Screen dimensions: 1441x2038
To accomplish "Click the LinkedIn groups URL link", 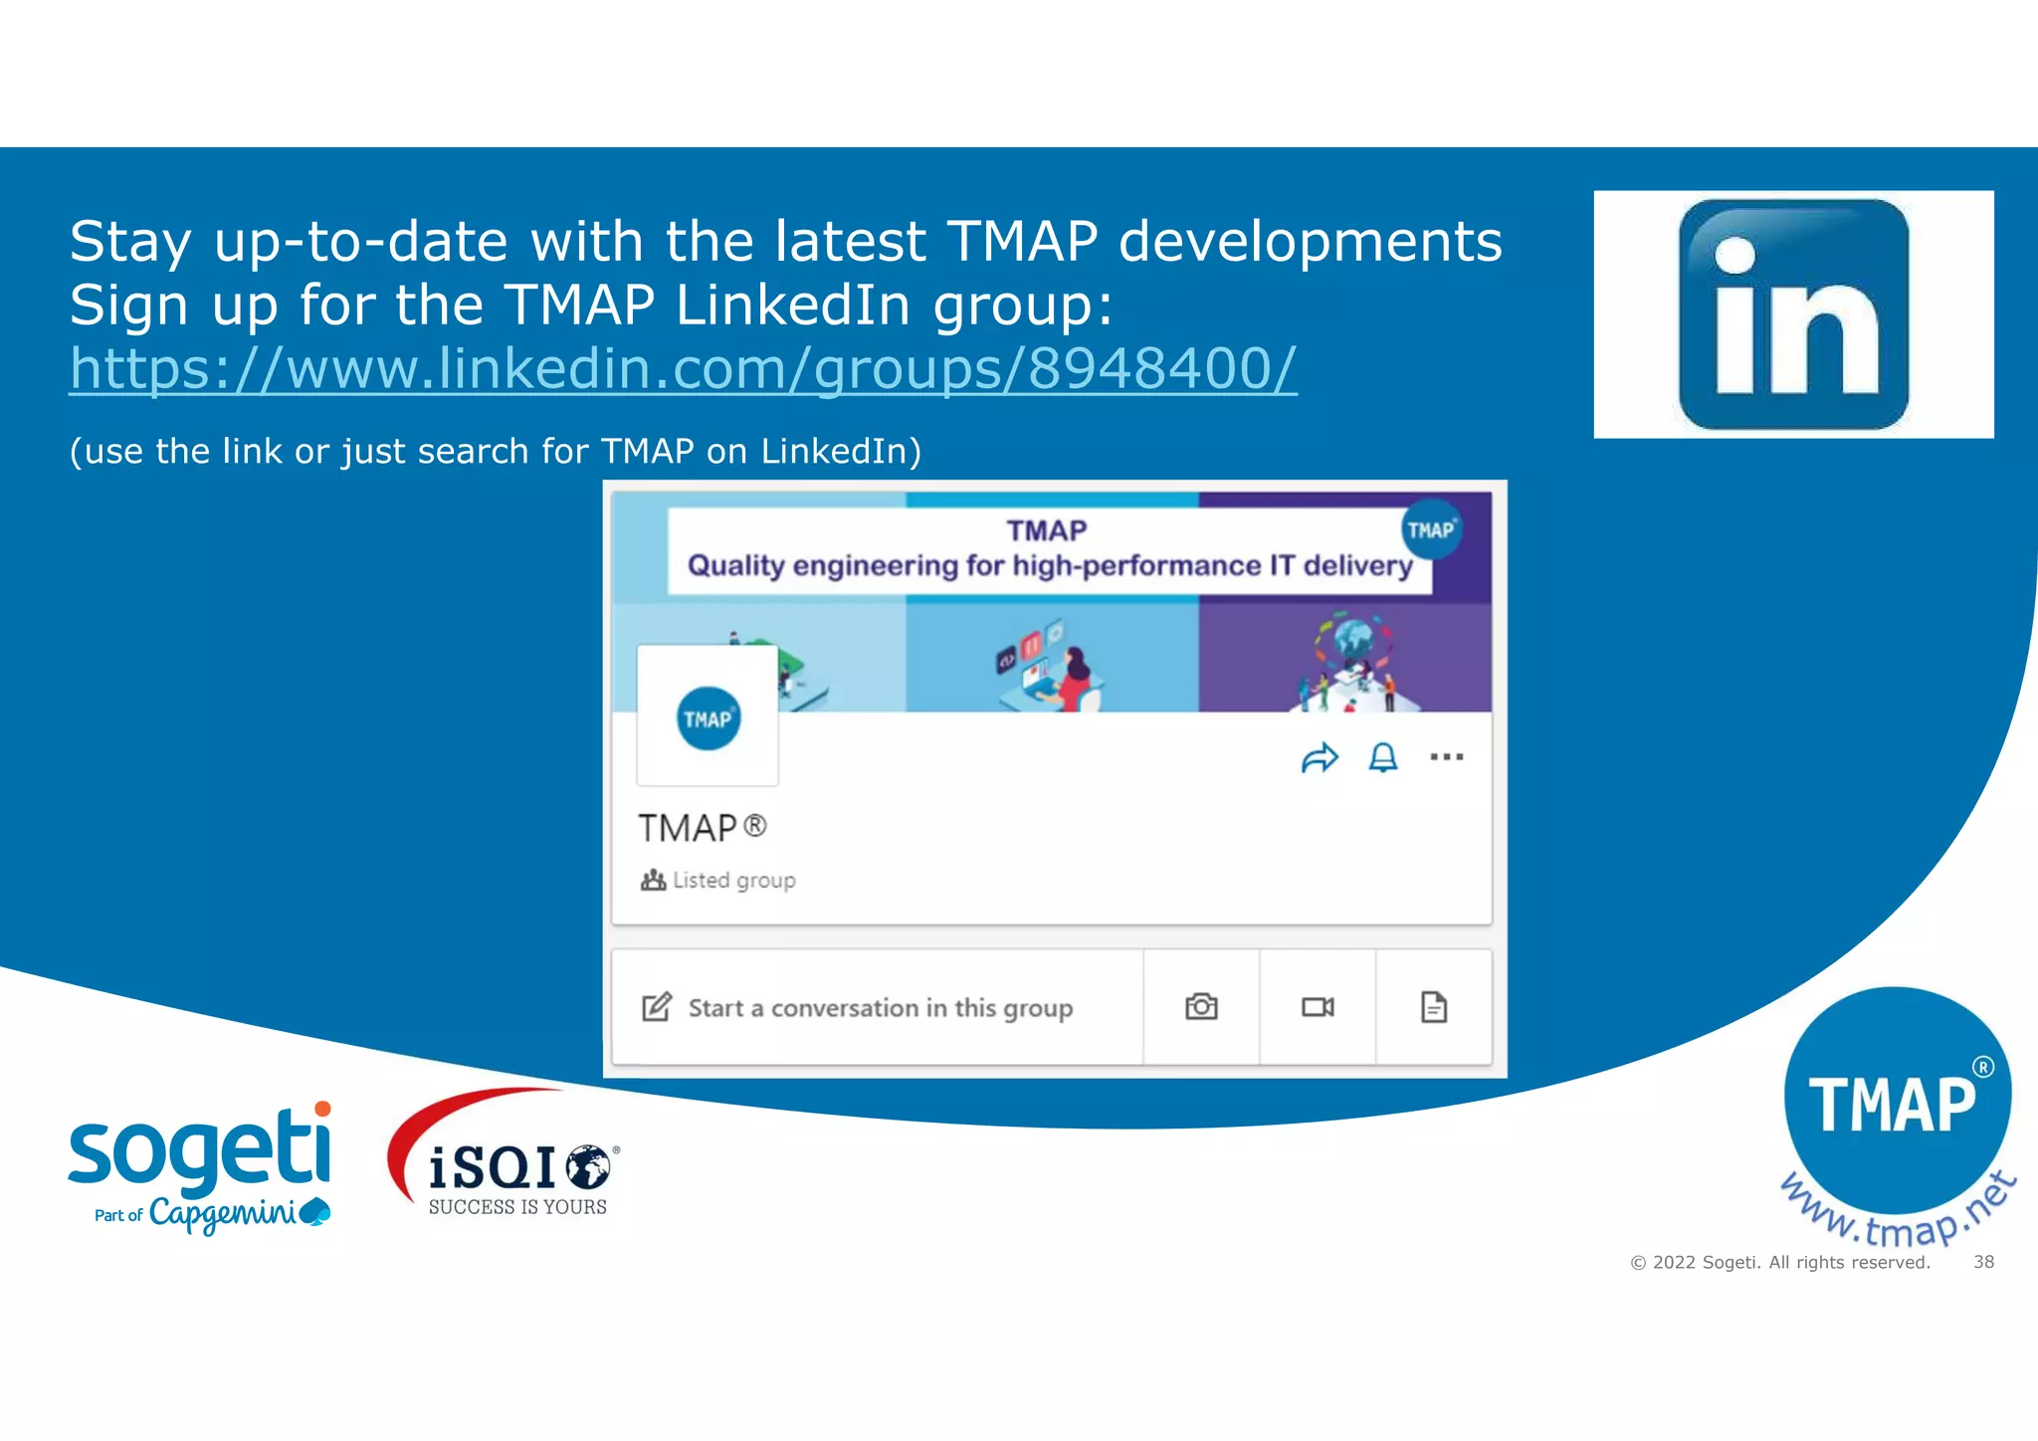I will tap(683, 369).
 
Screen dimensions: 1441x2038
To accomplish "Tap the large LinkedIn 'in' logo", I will tap(1793, 314).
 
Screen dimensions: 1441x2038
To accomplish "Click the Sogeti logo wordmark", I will tap(200, 1150).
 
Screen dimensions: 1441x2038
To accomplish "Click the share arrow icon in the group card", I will tap(1320, 758).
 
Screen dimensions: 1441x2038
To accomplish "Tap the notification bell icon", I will tap(1383, 758).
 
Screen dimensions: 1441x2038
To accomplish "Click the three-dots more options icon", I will tap(1446, 757).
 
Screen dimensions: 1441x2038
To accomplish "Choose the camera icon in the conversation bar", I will tap(1201, 1007).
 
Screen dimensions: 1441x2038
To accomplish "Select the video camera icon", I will tap(1318, 1007).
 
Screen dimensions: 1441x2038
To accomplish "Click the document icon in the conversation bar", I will tap(1433, 1007).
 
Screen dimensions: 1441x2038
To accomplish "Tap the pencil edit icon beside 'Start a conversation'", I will tap(657, 1007).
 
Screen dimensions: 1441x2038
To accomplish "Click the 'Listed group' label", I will tap(733, 881).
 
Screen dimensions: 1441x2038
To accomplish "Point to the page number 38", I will tap(1983, 1262).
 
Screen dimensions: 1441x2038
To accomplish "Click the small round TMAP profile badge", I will tap(708, 719).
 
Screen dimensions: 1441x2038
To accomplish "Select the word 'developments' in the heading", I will tap(1310, 242).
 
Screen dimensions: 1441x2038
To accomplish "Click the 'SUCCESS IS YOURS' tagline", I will tap(517, 1207).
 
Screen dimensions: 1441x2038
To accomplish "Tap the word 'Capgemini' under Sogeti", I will tap(225, 1214).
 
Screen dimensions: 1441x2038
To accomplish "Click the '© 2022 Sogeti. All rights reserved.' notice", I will tap(1779, 1263).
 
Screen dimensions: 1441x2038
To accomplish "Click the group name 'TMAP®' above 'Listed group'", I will tap(702, 828).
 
